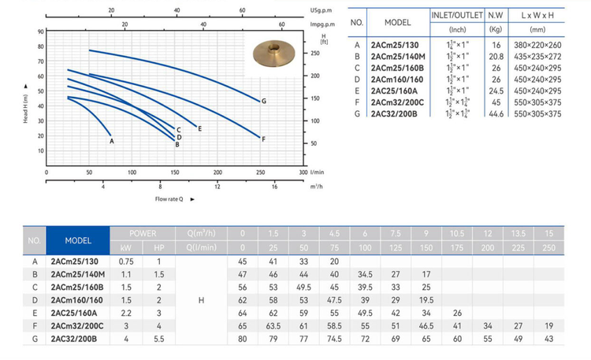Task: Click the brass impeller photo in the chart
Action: click(x=273, y=53)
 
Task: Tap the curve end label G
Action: click(x=264, y=101)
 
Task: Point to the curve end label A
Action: click(x=112, y=141)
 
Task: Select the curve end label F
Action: click(x=263, y=139)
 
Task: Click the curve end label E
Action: click(x=200, y=129)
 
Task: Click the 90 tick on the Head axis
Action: click(x=41, y=32)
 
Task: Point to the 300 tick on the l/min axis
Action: click(x=303, y=173)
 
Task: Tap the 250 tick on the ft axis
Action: click(x=315, y=53)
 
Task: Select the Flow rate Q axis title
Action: click(x=169, y=199)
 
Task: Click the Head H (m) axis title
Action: click(x=25, y=109)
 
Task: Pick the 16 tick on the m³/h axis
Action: click(x=274, y=187)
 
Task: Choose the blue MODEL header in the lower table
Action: click(x=78, y=240)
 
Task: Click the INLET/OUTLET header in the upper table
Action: click(x=457, y=15)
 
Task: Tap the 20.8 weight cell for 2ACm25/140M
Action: click(x=496, y=57)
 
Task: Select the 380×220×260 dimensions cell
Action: click(x=537, y=45)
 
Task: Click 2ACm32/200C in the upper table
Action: click(x=397, y=102)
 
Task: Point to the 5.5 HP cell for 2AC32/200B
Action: click(x=159, y=339)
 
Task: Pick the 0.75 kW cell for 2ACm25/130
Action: click(x=126, y=262)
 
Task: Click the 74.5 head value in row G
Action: click(x=334, y=339)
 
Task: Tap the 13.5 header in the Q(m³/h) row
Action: click(x=519, y=233)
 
